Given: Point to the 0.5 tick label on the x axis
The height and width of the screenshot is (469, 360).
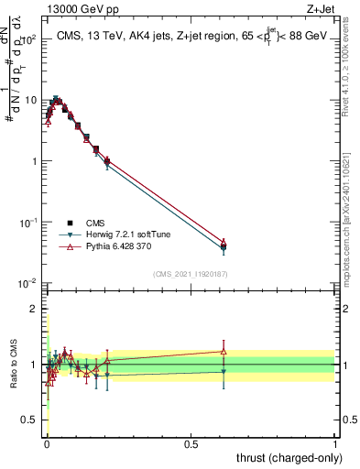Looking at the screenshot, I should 191,443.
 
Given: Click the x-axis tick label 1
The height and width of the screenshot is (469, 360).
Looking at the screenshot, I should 334,443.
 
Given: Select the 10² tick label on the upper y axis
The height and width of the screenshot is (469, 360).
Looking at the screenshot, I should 30,40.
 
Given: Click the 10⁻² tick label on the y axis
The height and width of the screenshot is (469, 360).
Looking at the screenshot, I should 30,283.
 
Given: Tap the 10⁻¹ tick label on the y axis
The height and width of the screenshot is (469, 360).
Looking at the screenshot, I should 30,223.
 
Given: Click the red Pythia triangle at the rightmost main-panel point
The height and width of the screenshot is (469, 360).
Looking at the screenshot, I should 224,242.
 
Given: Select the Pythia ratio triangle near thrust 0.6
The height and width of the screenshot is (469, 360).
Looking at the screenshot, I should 224,351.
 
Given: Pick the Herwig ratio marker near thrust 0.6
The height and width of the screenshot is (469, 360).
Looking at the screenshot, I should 224,371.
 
